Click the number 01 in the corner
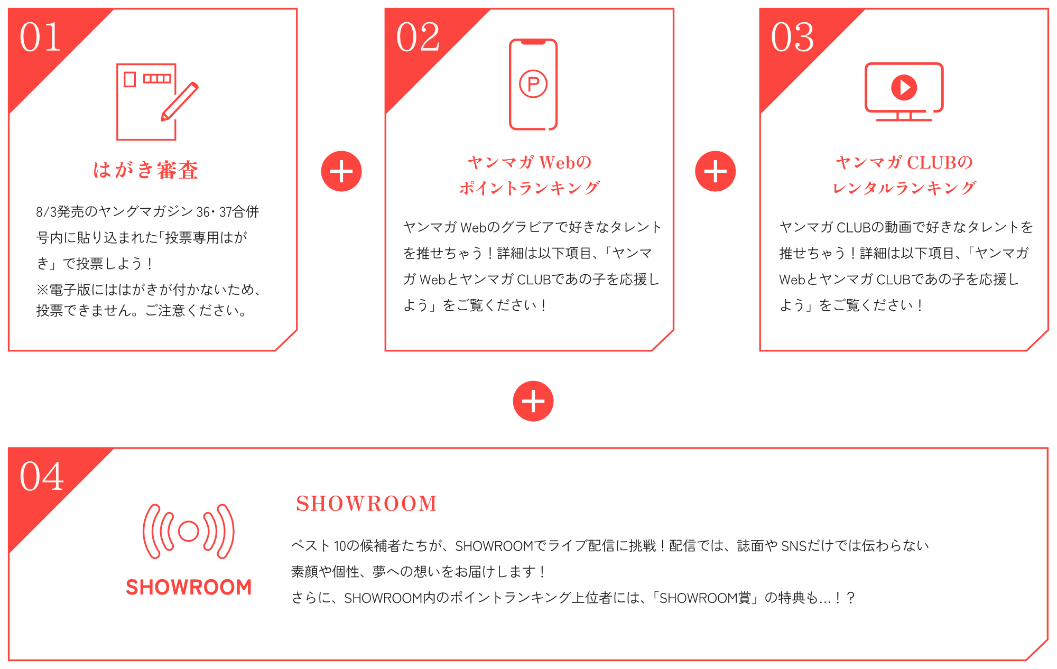coord(40,38)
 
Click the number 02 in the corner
coord(418,38)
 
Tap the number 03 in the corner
coord(792,38)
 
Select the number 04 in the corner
coord(41,476)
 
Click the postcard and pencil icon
coord(157,102)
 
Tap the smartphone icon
coord(533,85)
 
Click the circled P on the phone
coord(533,84)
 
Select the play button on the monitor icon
coord(904,87)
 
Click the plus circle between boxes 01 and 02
coord(341,171)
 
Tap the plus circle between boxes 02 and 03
coord(715,171)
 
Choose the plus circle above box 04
coord(533,401)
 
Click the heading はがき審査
coord(146,170)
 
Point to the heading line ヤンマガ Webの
coord(530,162)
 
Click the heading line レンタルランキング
coord(904,188)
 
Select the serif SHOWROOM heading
coord(366,504)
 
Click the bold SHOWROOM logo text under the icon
coord(189,587)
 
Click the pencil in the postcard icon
coord(180,101)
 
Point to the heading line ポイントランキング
coord(530,188)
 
